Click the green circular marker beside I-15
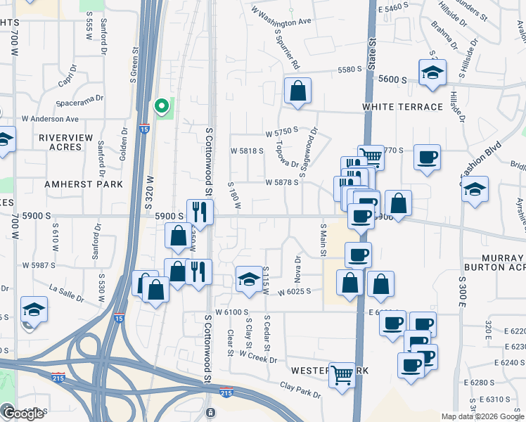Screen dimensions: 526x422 click(x=162, y=107)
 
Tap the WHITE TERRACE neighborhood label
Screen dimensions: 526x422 click(x=403, y=107)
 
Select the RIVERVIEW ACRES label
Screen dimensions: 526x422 click(x=75, y=142)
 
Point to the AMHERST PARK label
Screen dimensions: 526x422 click(x=84, y=184)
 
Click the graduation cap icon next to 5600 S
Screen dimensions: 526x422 click(x=432, y=72)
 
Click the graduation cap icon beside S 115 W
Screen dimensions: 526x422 click(x=248, y=280)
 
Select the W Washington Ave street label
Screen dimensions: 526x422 click(x=280, y=21)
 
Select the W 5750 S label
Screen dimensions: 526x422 click(x=282, y=132)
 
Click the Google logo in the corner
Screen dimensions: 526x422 click(x=23, y=414)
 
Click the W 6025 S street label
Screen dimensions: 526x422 click(x=295, y=292)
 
